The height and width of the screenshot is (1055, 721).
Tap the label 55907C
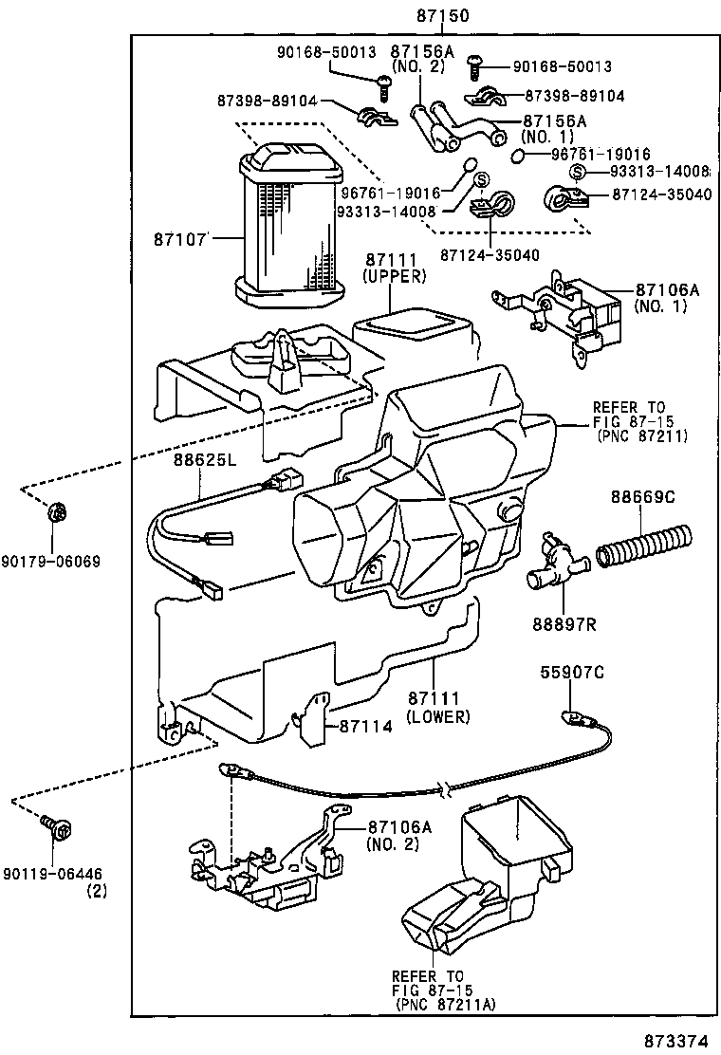point(571,674)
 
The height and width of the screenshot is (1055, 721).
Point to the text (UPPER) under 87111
point(394,276)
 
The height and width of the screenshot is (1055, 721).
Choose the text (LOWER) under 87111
point(437,716)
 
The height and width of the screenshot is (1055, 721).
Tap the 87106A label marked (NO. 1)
point(667,291)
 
